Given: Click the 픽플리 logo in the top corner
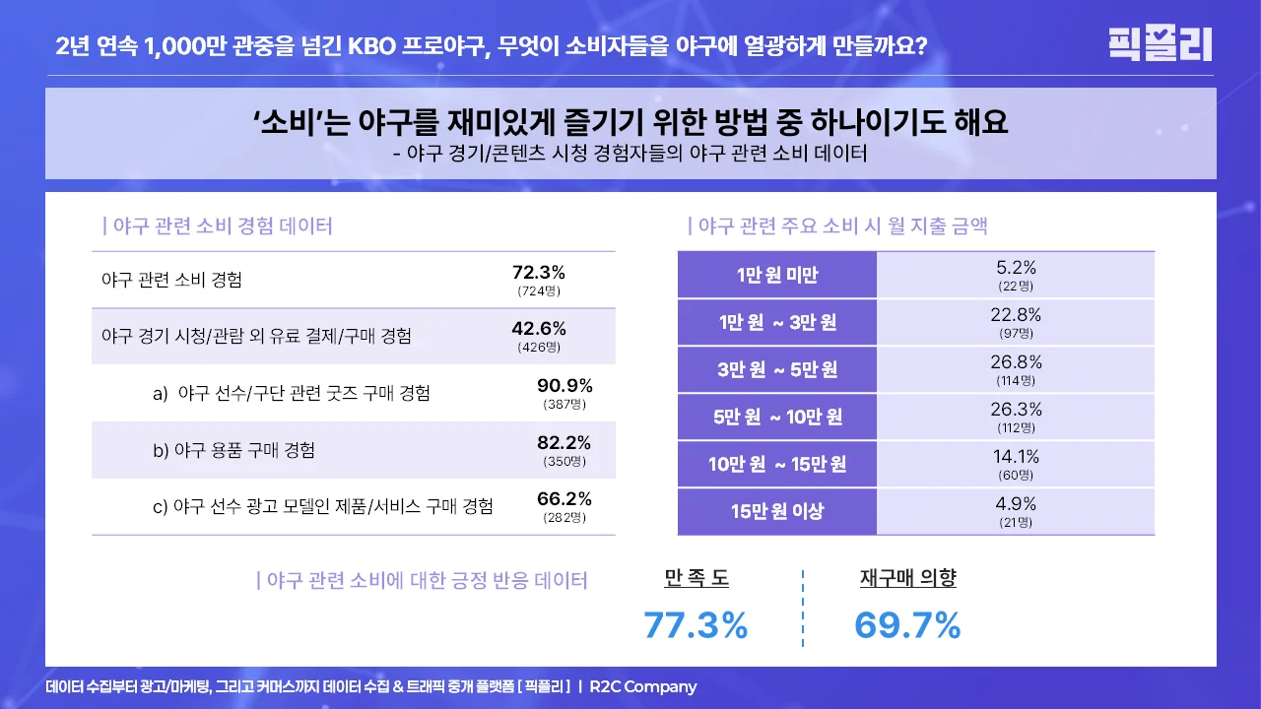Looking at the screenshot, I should click(1160, 44).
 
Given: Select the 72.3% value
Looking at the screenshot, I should click(539, 273).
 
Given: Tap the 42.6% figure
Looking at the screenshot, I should click(539, 329).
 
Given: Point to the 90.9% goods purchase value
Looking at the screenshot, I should click(564, 386).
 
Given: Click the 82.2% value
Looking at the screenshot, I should click(564, 443).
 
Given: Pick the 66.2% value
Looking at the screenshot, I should click(564, 499).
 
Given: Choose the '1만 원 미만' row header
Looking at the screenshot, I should click(777, 276).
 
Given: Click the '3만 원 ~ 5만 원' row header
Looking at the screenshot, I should click(777, 370).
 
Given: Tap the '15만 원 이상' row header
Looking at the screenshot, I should click(777, 511).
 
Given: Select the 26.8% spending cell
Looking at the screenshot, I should click(1016, 362).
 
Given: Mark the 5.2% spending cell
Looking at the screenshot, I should click(1016, 268).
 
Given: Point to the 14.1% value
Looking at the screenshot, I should click(1016, 457).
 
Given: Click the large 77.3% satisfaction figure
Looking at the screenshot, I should click(696, 625).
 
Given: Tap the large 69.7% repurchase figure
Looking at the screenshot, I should click(907, 625).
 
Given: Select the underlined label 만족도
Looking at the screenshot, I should click(697, 579).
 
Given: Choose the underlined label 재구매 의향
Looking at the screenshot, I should click(907, 579).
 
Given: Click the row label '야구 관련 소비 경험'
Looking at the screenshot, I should click(171, 280).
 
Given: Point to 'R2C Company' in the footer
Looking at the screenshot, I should click(643, 687).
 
